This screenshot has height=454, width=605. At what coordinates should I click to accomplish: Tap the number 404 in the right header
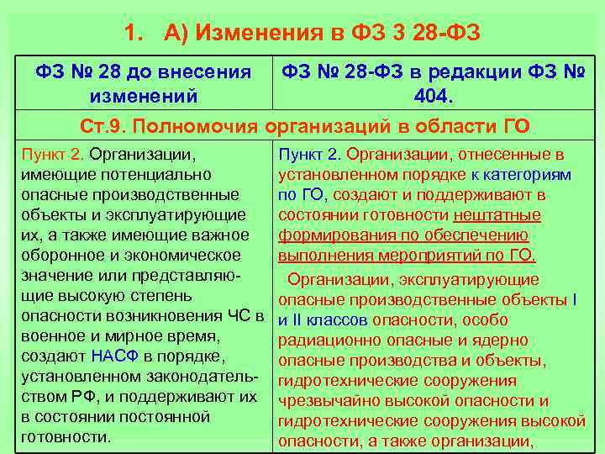pos(431,97)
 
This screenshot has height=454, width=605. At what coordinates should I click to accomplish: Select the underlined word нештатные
pos(503,216)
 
